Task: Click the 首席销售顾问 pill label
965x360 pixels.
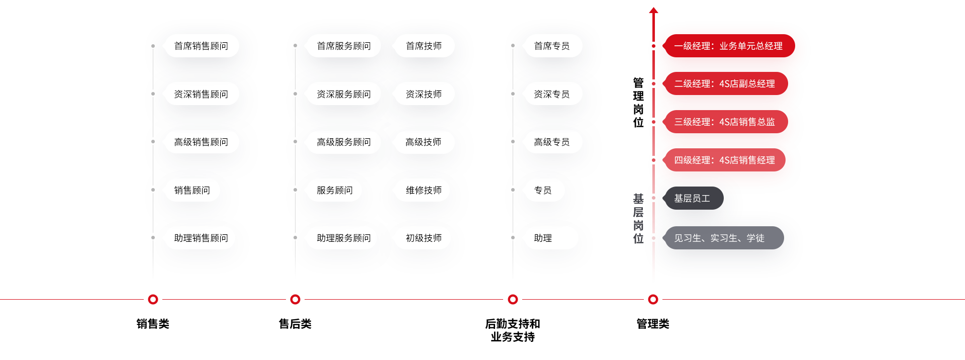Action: [x=201, y=46]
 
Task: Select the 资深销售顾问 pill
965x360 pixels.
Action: [x=201, y=94]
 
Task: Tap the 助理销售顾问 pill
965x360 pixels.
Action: [x=201, y=238]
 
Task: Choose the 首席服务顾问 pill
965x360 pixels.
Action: [x=344, y=46]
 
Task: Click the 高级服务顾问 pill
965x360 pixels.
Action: [x=344, y=142]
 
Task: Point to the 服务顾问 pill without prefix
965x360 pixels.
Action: [x=335, y=190]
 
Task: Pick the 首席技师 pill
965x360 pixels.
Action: [x=424, y=46]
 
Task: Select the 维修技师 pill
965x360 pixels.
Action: [x=424, y=190]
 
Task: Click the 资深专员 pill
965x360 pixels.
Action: [x=552, y=94]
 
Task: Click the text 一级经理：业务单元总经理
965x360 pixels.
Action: [x=728, y=46]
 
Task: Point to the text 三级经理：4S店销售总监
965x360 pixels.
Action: [x=724, y=122]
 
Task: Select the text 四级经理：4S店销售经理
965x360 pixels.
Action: [x=724, y=160]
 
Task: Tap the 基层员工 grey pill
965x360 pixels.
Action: [x=693, y=198]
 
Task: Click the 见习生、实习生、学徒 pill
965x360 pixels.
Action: [x=722, y=238]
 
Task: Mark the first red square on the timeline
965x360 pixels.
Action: [x=153, y=300]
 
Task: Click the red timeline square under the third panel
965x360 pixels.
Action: [x=513, y=300]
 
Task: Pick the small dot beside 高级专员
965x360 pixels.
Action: [x=513, y=142]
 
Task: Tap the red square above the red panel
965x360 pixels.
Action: [x=653, y=10]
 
